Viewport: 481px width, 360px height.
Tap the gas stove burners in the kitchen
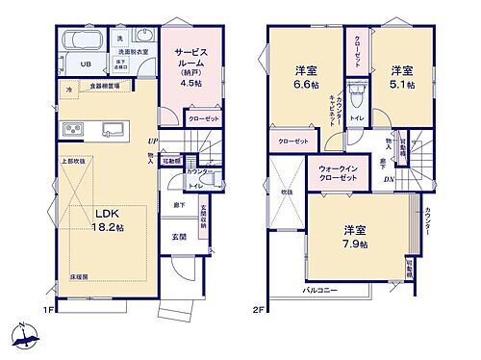[75, 129]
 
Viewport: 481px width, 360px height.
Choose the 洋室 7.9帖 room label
[358, 237]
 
